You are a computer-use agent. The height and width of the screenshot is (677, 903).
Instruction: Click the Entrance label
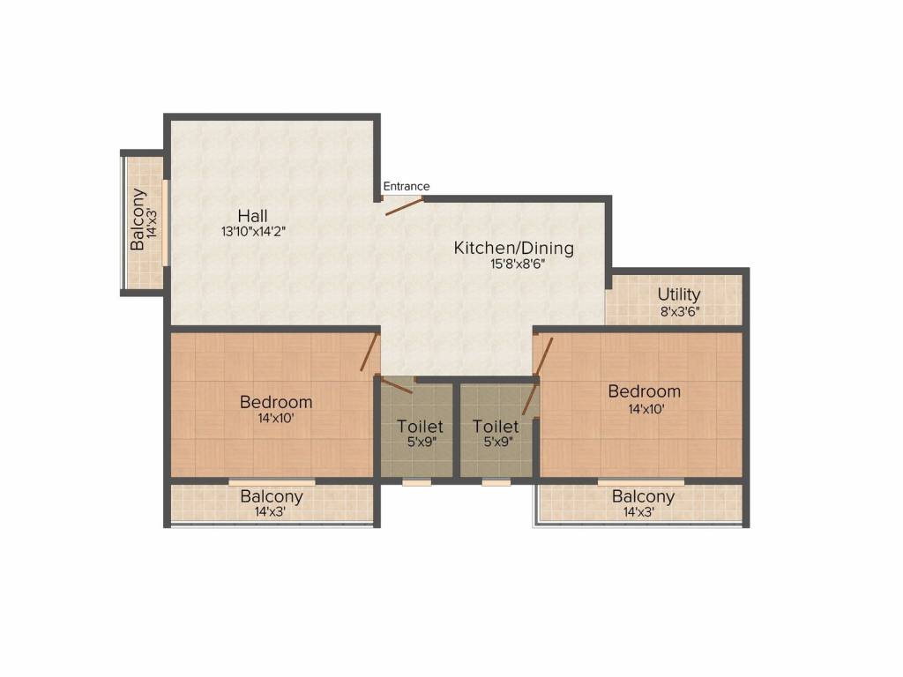[407, 186]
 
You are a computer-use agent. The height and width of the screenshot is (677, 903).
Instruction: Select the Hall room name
[252, 216]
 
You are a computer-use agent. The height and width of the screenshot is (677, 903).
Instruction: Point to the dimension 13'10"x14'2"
[254, 232]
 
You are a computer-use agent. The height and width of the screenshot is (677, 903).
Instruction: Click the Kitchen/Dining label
[513, 248]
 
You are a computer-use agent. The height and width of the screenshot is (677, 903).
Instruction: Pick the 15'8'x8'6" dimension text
[513, 264]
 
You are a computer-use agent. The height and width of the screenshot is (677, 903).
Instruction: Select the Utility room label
[679, 294]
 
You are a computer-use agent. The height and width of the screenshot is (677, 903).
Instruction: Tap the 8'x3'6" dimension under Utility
[679, 310]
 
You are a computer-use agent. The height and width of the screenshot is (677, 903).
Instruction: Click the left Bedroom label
[276, 403]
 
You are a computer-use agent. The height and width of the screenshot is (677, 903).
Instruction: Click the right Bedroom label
[645, 391]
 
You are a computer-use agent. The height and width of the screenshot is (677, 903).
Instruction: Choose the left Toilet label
[420, 427]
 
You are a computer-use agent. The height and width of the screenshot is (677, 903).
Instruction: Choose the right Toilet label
[496, 427]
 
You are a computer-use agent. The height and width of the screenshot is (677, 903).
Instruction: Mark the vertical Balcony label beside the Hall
[138, 219]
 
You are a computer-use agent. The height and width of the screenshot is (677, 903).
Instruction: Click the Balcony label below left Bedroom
[272, 496]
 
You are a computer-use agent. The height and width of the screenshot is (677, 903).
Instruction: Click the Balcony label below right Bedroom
[643, 496]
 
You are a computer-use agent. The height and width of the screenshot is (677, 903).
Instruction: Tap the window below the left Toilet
[417, 482]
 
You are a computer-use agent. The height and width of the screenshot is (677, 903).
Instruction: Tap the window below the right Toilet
[496, 482]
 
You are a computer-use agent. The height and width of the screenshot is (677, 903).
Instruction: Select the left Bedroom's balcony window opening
[272, 482]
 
